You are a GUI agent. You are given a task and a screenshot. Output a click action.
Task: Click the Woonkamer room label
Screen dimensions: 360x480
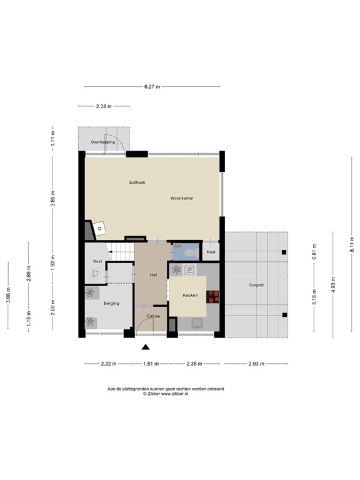coord(182,198)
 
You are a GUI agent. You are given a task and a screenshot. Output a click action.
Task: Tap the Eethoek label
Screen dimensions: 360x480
coord(137,182)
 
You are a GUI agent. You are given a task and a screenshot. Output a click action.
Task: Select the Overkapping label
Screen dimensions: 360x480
coord(103,142)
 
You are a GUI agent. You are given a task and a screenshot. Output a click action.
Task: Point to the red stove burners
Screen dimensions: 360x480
coord(212,297)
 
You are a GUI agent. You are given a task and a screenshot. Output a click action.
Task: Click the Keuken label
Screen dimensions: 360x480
coord(190,295)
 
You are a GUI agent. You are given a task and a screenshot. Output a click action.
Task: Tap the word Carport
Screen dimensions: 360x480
coord(256,285)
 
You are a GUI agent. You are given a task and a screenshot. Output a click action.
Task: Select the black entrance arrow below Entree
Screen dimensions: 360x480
coord(146,347)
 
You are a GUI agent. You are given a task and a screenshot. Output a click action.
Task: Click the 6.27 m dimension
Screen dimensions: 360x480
coord(152,87)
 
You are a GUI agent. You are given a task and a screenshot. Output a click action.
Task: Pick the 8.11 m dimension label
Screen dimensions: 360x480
coord(352,244)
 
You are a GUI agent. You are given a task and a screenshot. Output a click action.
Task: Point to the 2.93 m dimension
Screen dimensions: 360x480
coord(256,364)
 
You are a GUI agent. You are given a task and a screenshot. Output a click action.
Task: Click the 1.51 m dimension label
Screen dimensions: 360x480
coord(151,364)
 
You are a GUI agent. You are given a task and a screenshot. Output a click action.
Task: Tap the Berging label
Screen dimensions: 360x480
coord(111,303)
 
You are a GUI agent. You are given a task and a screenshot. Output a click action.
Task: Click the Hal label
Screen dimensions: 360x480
coord(153,275)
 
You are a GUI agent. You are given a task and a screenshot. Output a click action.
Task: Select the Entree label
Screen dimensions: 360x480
coord(153,316)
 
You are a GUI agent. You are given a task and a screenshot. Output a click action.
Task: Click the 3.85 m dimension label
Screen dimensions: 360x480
coord(52,198)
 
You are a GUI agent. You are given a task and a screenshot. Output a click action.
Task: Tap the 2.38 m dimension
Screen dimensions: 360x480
coord(104,106)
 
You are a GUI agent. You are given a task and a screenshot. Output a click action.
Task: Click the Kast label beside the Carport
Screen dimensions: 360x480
coord(211,252)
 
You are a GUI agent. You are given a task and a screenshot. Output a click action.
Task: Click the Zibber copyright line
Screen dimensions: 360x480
coord(166,394)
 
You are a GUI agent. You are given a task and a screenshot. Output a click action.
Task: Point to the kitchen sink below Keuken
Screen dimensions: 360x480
coord(197,323)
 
